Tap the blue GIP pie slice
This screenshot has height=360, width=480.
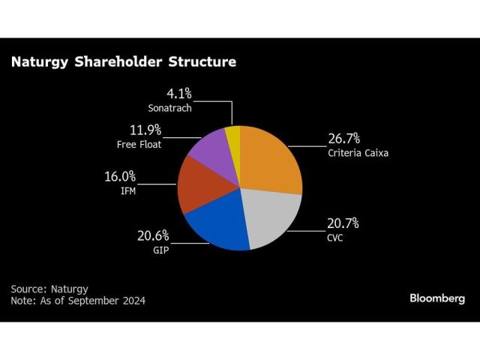tap(217, 225)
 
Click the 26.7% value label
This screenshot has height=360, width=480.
tap(344, 139)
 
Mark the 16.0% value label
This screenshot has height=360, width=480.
tap(119, 177)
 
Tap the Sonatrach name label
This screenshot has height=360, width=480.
tap(169, 108)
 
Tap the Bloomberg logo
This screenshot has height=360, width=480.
tap(436, 298)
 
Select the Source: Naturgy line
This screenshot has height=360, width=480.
tap(49, 288)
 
